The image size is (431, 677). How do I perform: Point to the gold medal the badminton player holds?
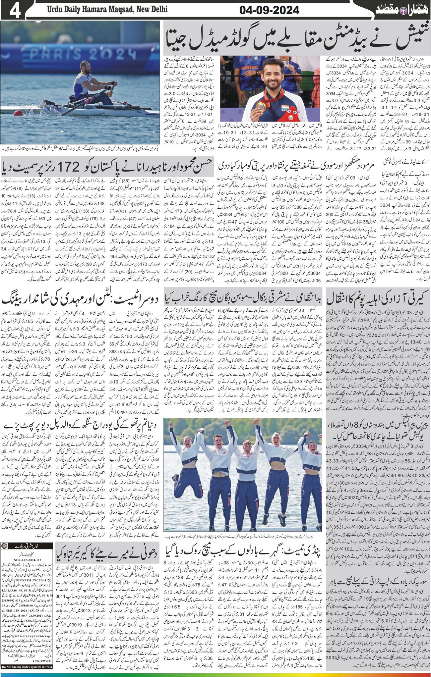coord(261,106)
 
